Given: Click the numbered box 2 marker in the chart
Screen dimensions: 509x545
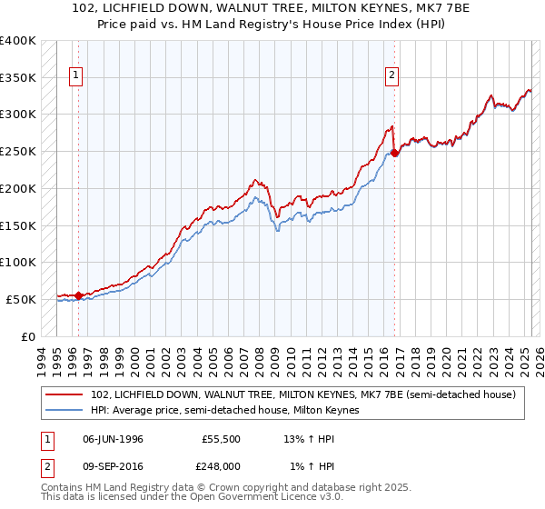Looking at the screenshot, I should point(391,76).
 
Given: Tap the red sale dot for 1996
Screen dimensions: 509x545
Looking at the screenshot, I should point(78,294).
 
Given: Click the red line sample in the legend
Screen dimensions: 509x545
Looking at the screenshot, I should point(64,394).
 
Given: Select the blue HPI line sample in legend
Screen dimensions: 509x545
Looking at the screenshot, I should point(64,411).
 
